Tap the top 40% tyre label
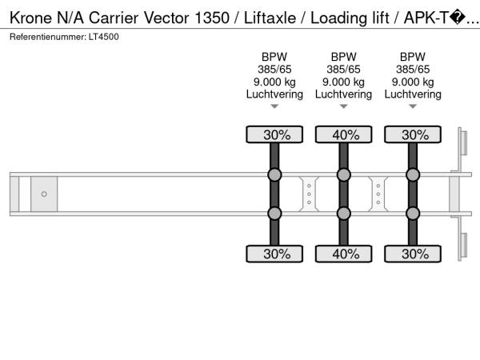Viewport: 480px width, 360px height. tap(344, 135)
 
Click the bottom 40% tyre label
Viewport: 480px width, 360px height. tap(344, 254)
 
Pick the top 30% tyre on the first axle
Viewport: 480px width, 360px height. tap(274, 135)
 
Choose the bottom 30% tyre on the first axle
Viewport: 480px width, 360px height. tap(274, 254)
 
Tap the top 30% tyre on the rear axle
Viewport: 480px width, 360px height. tap(413, 135)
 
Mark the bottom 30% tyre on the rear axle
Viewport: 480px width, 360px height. tap(413, 254)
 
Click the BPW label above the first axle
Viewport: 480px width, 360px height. tap(274, 57)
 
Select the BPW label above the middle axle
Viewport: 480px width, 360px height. tap(344, 57)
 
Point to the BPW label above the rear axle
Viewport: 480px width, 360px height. tap(413, 57)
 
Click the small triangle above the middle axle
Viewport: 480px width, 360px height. tap(344, 106)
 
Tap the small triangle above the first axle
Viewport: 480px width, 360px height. tap(274, 106)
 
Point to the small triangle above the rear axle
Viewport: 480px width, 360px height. tap(413, 106)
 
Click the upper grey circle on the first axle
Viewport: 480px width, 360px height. tap(274, 175)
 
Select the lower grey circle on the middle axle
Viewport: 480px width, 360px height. tap(344, 213)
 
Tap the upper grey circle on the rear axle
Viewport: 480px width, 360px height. tap(413, 175)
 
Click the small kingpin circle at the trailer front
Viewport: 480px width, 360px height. tap(44, 194)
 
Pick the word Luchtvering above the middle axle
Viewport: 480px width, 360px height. tap(344, 94)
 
